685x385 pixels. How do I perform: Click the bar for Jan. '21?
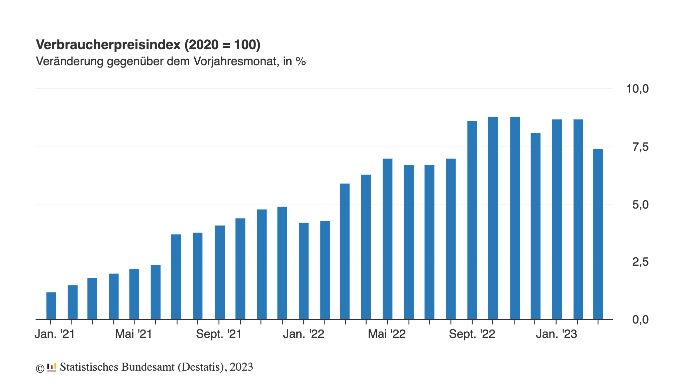[x=51, y=306]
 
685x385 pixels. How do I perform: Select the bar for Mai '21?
[x=134, y=294]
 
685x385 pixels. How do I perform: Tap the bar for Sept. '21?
[x=220, y=272]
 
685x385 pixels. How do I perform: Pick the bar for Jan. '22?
[x=304, y=271]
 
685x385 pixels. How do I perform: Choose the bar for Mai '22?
[x=387, y=239]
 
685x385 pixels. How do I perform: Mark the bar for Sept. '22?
[x=472, y=220]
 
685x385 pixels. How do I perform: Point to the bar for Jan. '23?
[x=557, y=219]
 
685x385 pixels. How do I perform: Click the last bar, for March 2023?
[x=598, y=234]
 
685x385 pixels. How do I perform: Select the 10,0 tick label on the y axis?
[x=637, y=89]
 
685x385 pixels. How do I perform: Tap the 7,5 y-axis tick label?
[x=640, y=147]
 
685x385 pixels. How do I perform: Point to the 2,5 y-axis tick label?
[x=640, y=262]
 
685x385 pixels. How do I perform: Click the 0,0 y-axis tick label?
[x=640, y=320]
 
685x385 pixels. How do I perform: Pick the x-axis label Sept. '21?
[x=219, y=334]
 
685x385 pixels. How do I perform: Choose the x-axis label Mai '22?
[x=387, y=334]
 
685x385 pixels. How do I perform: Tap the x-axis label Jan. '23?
[x=557, y=334]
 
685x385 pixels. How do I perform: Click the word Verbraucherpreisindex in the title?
[x=108, y=45]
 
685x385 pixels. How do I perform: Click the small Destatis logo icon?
[x=52, y=367]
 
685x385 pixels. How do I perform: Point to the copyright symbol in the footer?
[x=40, y=368]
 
